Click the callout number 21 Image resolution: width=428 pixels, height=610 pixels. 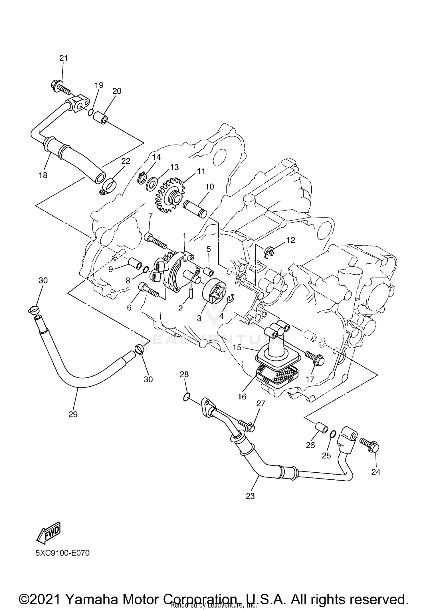click(64, 58)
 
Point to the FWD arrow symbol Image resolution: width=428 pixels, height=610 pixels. click(49, 533)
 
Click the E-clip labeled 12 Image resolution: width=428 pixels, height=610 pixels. click(269, 252)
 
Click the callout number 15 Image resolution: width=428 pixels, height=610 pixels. click(237, 348)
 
